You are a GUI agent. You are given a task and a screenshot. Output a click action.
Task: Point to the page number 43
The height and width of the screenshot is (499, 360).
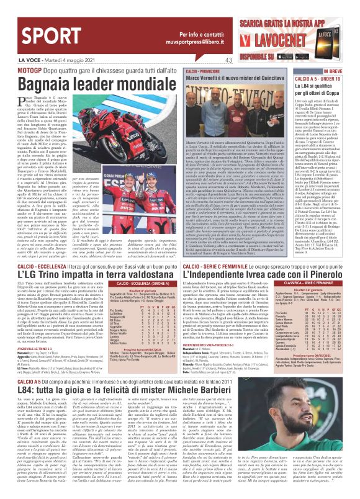pyautogui.click(x=229, y=60)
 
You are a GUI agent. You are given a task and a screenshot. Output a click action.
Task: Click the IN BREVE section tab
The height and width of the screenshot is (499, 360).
pyautogui.click(x=331, y=71)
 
